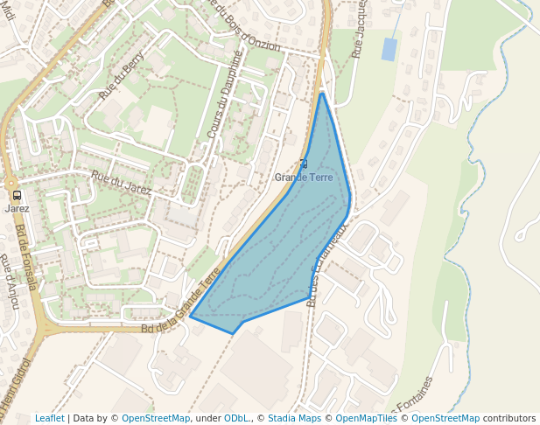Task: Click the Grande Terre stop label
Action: click(303, 178)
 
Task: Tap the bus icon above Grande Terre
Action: click(304, 164)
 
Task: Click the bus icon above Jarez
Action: click(17, 195)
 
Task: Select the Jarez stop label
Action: click(17, 208)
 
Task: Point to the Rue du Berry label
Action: click(122, 76)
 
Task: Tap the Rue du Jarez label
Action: click(121, 184)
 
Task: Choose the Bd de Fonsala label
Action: click(25, 257)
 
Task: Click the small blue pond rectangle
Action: click(389, 49)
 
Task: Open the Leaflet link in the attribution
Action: click(49, 418)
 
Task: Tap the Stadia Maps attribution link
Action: click(294, 418)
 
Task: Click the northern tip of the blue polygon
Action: click(323, 93)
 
